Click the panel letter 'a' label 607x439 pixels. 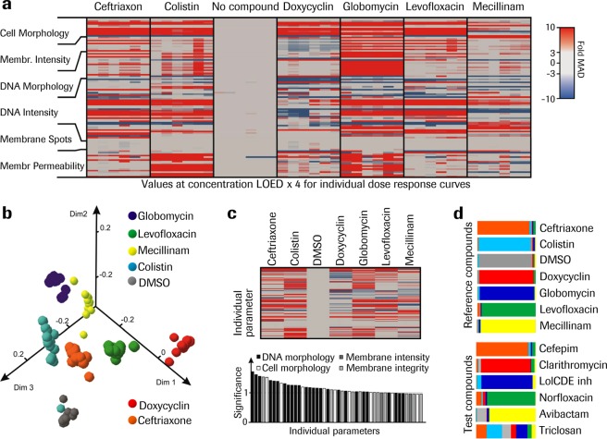click(x=6, y=7)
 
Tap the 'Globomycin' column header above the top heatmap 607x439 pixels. click(x=370, y=8)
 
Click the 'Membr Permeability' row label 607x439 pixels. click(x=41, y=165)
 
